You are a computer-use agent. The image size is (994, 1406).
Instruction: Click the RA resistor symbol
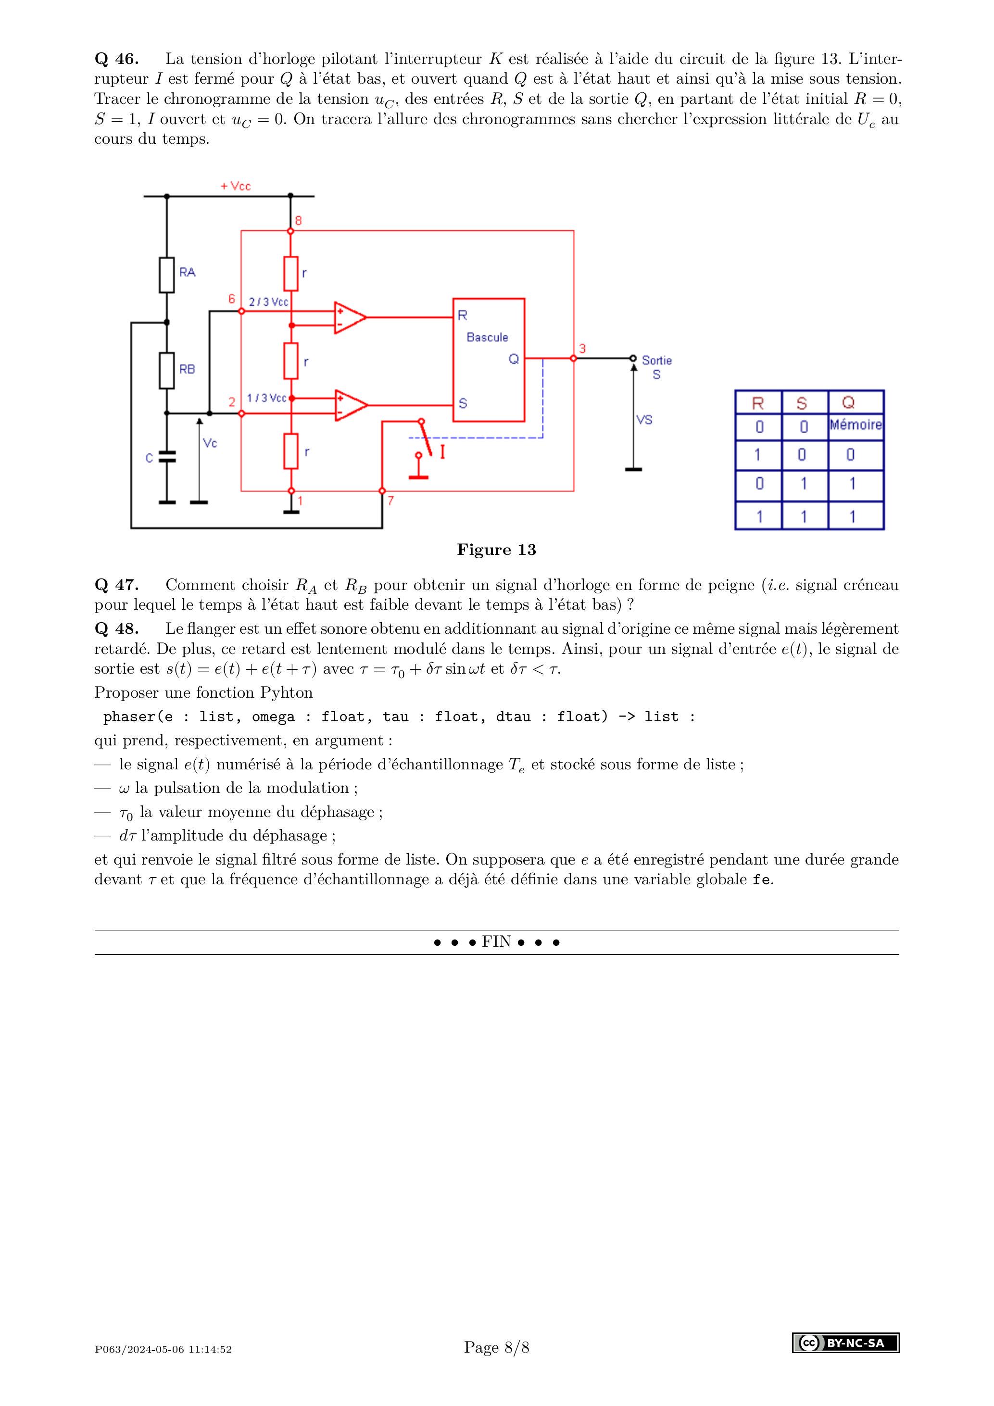coord(166,275)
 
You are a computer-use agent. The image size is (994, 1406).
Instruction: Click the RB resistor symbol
coord(166,370)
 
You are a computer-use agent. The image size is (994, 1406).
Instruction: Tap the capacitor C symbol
coord(166,456)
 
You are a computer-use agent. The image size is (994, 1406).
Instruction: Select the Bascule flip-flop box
coord(488,360)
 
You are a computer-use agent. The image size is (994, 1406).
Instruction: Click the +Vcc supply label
coord(236,186)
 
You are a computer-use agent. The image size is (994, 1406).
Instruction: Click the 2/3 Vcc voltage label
coord(268,302)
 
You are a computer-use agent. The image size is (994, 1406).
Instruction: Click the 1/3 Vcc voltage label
coord(266,398)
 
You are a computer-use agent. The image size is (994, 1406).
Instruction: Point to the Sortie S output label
coord(656,367)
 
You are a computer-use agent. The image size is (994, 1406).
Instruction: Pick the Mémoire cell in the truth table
coord(855,425)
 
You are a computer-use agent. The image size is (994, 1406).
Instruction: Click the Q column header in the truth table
coord(848,403)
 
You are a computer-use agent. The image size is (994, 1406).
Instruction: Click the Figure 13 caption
coord(496,550)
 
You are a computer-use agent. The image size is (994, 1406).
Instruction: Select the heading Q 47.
coord(116,585)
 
